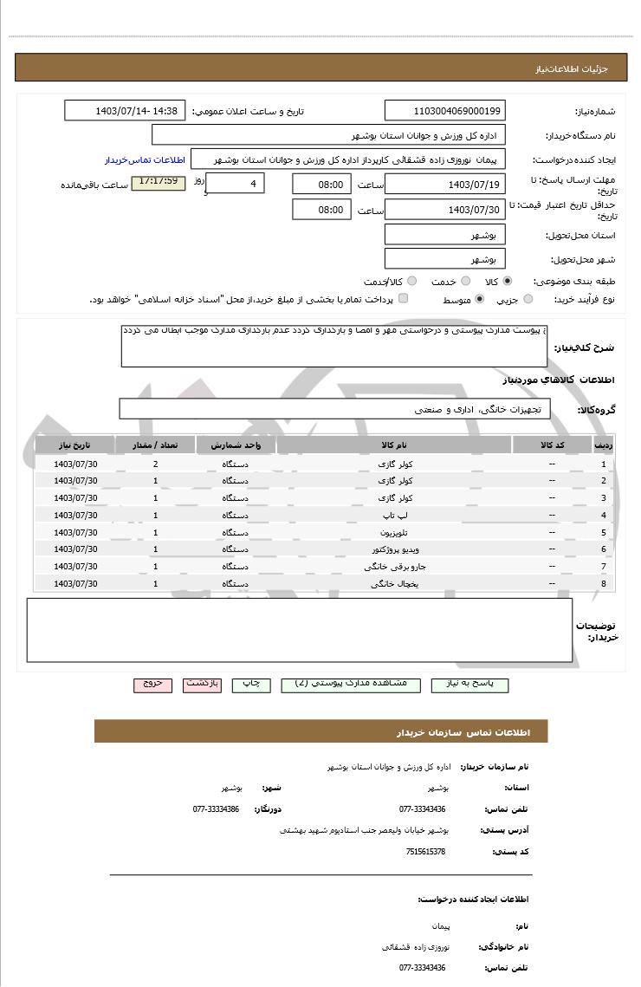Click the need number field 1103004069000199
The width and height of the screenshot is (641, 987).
pos(444,111)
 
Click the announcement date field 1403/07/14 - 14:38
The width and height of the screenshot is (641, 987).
pos(125,111)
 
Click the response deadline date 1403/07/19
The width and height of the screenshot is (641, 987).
pos(444,184)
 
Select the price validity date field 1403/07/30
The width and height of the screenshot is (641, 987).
pos(444,210)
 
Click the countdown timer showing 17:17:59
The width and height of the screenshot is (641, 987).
pos(158,183)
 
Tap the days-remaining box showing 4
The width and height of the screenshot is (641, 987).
pos(235,184)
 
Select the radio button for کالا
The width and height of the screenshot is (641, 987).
pos(508,282)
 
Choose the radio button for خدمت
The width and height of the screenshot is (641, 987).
pos(465,282)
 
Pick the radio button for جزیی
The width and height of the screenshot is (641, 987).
pos(529,300)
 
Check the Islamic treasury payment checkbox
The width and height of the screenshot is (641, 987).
pos(403,300)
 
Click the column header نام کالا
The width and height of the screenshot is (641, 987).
pos(394,445)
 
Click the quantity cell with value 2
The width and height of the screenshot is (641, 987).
pos(155,464)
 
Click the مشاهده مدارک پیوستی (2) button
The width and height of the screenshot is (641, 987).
pos(351,685)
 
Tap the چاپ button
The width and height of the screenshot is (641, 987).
pos(251,685)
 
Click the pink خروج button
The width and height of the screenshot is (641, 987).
pos(153,685)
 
